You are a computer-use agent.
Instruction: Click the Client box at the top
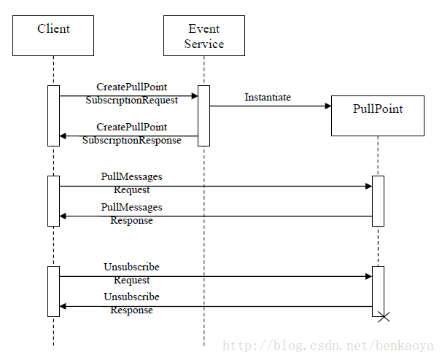point(53,36)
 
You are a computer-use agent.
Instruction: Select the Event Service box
point(204,36)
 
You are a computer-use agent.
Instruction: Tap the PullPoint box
point(378,116)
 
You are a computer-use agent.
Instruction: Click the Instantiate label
point(268,97)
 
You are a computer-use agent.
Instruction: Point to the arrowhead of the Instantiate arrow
point(328,106)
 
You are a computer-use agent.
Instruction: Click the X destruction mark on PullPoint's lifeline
point(384,317)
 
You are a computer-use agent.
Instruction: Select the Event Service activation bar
point(203,116)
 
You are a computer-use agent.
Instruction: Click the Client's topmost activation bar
point(53,116)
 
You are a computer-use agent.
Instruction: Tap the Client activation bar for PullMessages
point(53,201)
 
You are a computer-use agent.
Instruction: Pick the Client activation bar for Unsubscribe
point(53,291)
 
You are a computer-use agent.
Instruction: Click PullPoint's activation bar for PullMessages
point(378,201)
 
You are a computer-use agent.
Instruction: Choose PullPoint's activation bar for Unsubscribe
point(378,291)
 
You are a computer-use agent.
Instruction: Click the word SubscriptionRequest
point(131,101)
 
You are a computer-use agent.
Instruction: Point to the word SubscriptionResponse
point(131,140)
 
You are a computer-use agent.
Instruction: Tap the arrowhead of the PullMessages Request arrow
point(369,187)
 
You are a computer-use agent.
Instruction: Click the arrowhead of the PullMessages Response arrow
point(63,216)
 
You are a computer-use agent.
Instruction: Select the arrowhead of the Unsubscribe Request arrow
point(369,277)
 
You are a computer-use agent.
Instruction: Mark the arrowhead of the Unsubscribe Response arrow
point(63,307)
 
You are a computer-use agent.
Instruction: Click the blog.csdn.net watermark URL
point(327,345)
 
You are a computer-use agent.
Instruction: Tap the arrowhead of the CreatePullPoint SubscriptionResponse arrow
point(63,136)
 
